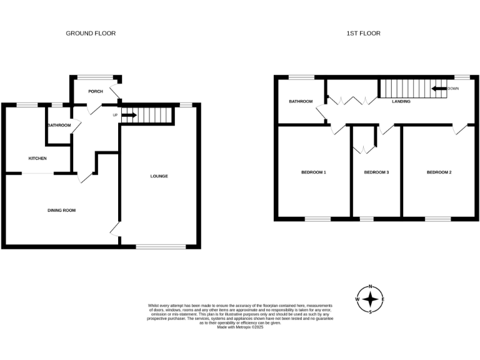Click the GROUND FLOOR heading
click(91, 33)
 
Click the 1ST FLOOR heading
click(363, 33)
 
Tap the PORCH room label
click(96, 91)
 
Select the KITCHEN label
click(37, 158)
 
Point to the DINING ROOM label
click(61, 210)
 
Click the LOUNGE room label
click(159, 176)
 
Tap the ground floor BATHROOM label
click(59, 126)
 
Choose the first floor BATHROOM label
click(300, 101)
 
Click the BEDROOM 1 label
click(314, 172)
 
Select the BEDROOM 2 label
click(439, 172)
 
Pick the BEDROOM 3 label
click(376, 172)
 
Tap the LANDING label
click(401, 101)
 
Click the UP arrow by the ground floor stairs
click(129, 115)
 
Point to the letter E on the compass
click(383, 299)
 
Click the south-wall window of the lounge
click(161, 246)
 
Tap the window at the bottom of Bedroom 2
click(437, 219)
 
